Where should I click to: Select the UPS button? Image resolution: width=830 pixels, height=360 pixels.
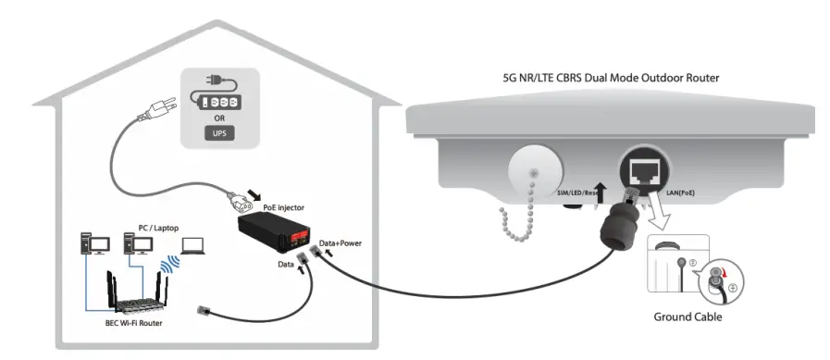click(x=218, y=131)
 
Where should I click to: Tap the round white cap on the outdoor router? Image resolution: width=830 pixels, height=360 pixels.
click(x=535, y=172)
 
